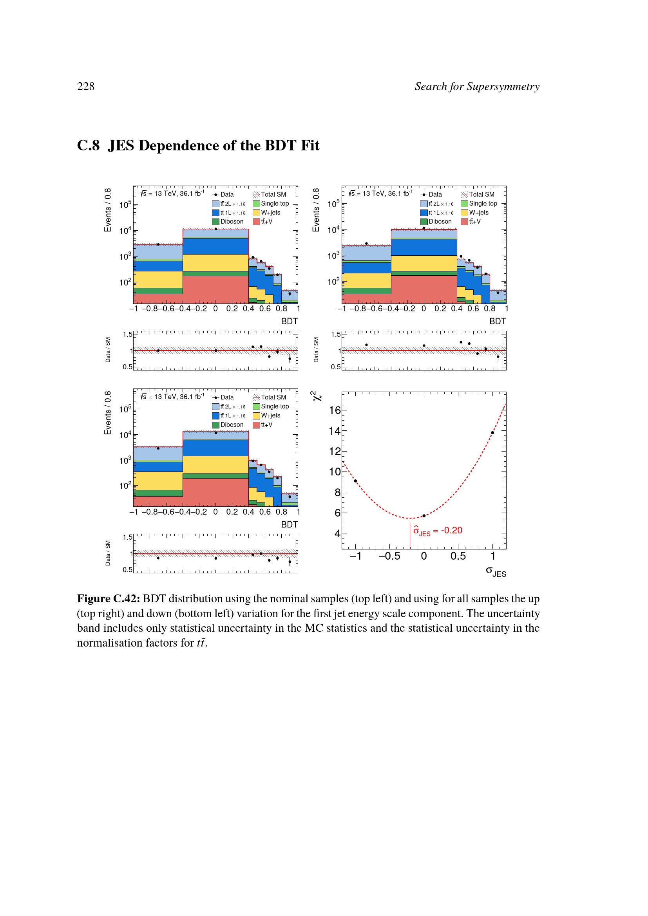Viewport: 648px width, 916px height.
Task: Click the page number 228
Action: click(86, 87)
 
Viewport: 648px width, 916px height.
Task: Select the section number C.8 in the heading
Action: click(88, 146)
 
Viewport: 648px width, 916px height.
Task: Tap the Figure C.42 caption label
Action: click(108, 599)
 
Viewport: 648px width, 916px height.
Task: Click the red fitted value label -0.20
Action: click(451, 531)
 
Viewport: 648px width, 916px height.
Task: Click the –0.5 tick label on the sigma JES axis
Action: click(389, 556)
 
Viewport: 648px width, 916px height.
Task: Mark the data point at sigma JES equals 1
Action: click(492, 433)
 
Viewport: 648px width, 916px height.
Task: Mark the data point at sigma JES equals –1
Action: click(355, 481)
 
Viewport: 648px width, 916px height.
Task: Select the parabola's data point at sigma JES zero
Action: click(424, 516)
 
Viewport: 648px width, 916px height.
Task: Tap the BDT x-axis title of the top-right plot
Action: click(498, 322)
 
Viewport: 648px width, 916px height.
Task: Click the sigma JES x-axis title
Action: click(496, 571)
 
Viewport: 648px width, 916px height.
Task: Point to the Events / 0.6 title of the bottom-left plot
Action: click(108, 413)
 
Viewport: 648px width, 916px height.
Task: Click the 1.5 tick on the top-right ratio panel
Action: click(336, 334)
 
